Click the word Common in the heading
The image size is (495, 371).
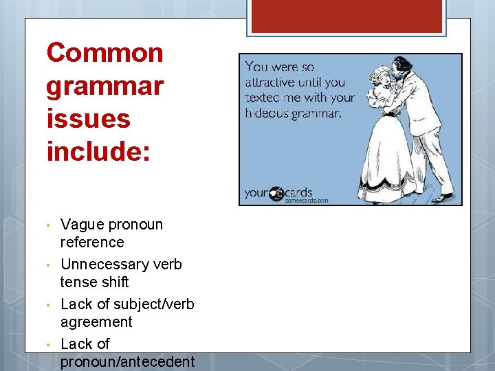104,53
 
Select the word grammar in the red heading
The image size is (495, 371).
104,87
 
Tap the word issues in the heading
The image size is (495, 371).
88,118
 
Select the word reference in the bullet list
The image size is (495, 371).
92,243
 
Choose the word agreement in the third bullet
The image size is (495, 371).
96,322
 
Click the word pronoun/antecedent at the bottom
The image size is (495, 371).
128,361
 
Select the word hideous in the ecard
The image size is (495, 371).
266,113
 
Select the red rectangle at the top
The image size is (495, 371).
346,16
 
